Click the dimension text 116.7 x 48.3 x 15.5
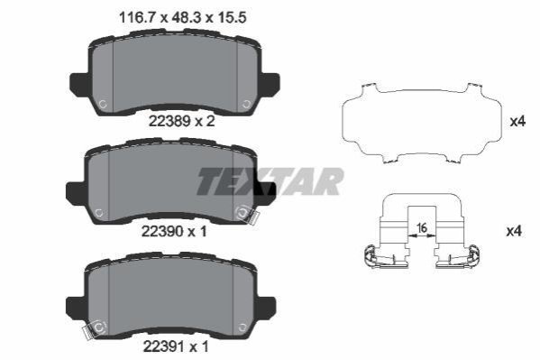[x=182, y=17]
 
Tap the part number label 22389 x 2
[x=181, y=121]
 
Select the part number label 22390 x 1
[x=174, y=231]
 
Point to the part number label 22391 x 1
[x=176, y=346]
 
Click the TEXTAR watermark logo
[x=270, y=181]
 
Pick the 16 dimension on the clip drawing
[x=422, y=228]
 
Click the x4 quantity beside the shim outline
[x=517, y=122]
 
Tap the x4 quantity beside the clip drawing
[x=514, y=231]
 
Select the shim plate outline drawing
[x=421, y=123]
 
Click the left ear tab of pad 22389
[x=79, y=84]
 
